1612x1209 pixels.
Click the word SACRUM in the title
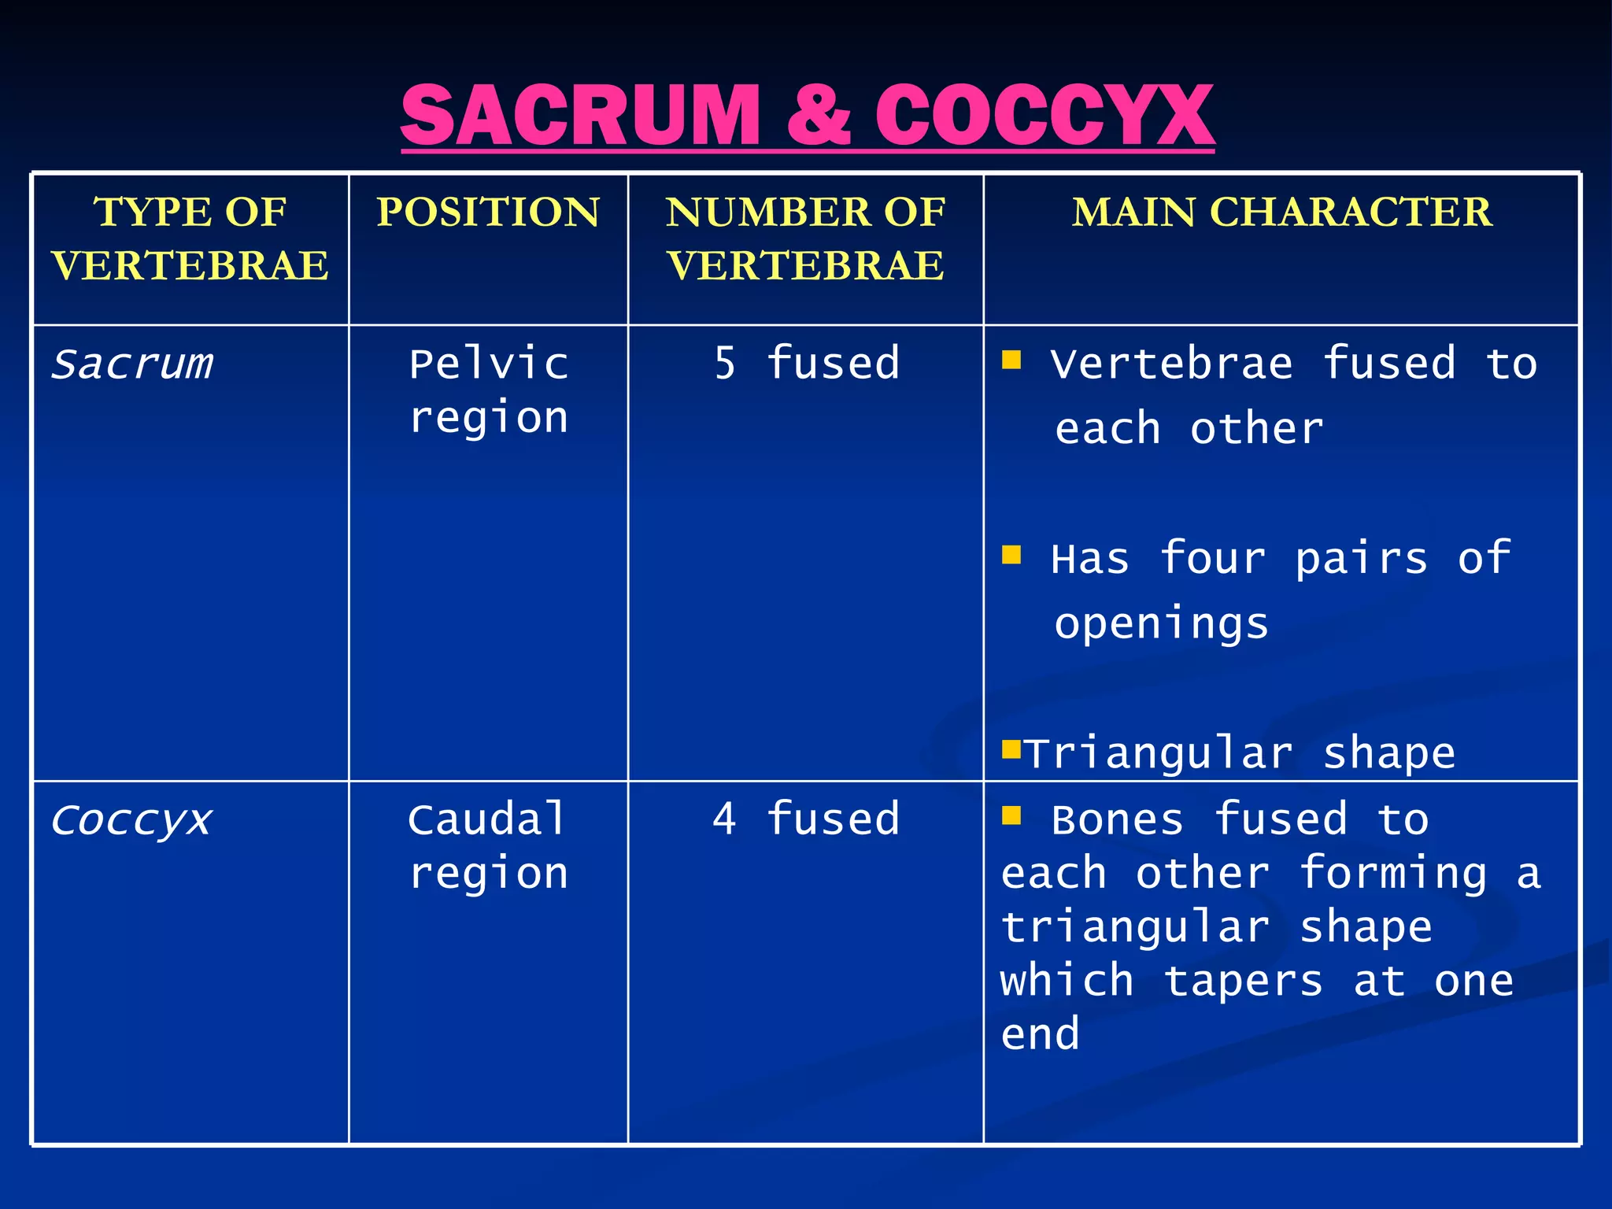[x=579, y=116]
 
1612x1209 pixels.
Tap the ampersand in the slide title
[x=818, y=116]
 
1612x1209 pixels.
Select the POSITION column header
[x=488, y=213]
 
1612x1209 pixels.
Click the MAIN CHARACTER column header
[x=1281, y=213]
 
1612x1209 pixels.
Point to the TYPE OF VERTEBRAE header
[x=190, y=238]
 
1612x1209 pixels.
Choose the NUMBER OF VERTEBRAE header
[x=805, y=238]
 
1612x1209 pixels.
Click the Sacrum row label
[x=132, y=364]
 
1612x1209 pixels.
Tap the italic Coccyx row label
[x=131, y=821]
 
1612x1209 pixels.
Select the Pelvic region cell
[x=488, y=390]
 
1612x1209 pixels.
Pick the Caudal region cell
[x=488, y=847]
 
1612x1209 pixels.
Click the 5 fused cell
[x=806, y=364]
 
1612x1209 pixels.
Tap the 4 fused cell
[x=806, y=819]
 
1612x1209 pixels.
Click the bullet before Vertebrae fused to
[x=1011, y=360]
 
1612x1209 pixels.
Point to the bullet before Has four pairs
[x=1011, y=556]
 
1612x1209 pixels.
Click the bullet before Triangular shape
[x=1011, y=748]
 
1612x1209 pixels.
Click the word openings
[x=1161, y=625]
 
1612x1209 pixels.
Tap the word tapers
[x=1243, y=982]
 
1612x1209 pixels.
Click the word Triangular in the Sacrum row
[x=1159, y=754]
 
